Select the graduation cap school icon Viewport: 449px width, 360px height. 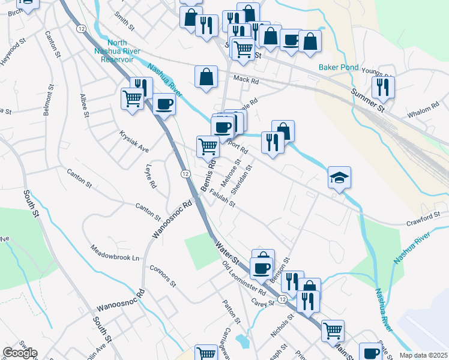click(x=339, y=178)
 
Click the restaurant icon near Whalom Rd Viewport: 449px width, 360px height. click(x=382, y=87)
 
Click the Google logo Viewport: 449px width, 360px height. click(x=19, y=353)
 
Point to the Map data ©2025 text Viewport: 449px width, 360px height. click(x=423, y=355)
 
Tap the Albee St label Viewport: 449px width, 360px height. click(x=84, y=106)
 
